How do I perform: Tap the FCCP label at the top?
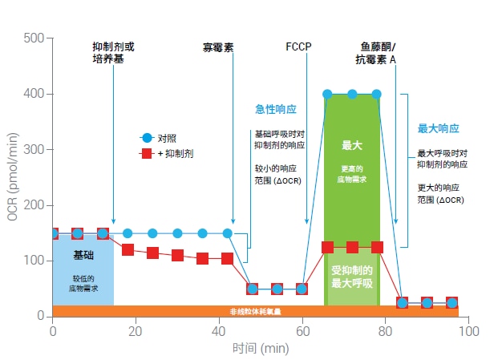[x=298, y=47]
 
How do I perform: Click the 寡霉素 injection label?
[x=217, y=47]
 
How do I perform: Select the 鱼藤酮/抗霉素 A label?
[x=378, y=53]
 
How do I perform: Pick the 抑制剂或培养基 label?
[x=113, y=53]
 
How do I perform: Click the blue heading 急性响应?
[x=276, y=108]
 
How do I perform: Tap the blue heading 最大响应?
[x=439, y=128]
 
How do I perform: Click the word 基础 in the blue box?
[x=83, y=255]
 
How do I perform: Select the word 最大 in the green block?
[x=351, y=145]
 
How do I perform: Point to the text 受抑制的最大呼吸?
[x=352, y=277]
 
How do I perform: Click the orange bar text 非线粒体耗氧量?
[x=255, y=311]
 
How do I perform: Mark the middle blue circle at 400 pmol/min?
[x=352, y=94]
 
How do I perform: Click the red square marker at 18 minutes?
[x=128, y=250]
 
